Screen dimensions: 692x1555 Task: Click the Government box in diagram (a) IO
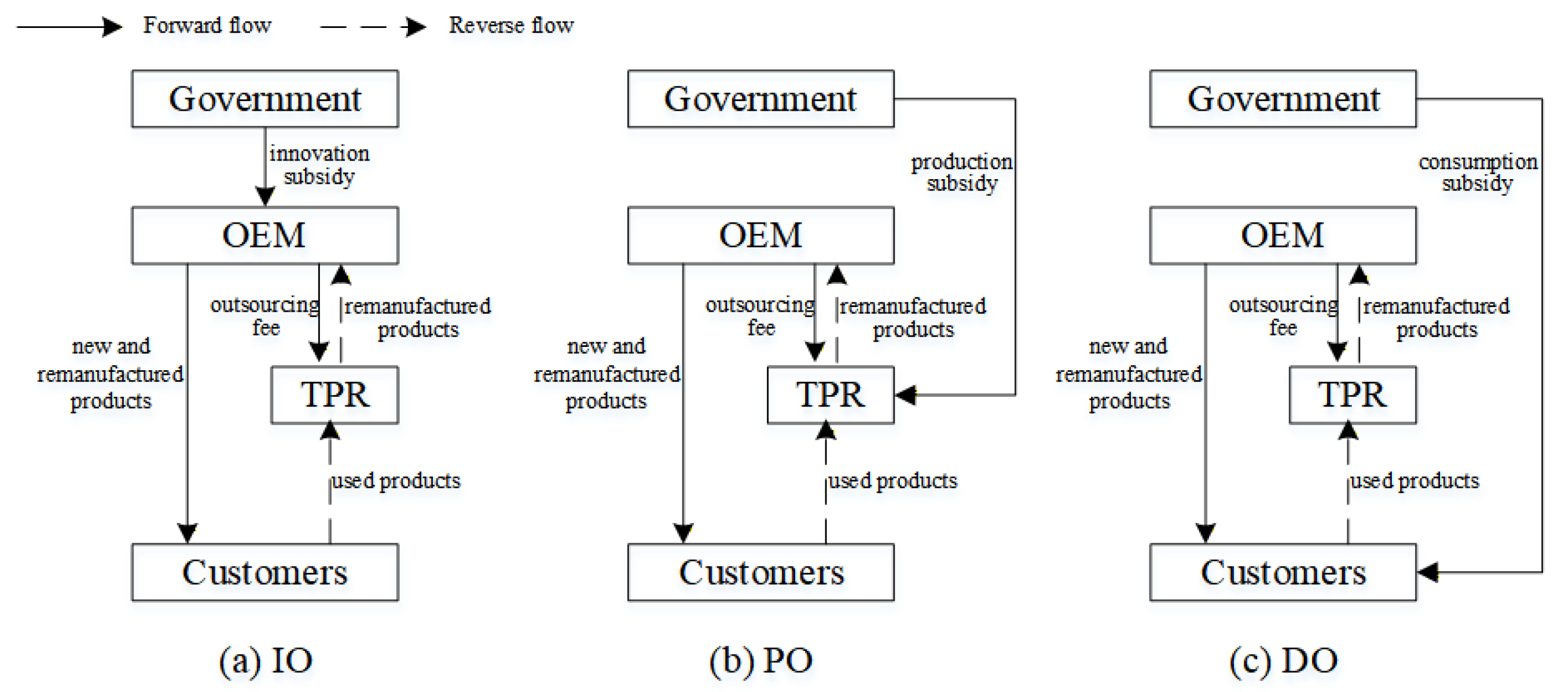(x=265, y=99)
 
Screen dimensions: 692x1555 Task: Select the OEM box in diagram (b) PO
(x=761, y=235)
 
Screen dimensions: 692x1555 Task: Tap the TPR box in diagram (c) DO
(x=1352, y=394)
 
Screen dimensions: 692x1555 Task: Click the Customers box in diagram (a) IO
(x=265, y=572)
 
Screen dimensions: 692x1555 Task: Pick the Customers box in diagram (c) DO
(x=1283, y=572)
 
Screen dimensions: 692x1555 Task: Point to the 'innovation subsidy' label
(x=319, y=165)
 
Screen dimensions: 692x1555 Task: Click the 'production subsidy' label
(x=962, y=173)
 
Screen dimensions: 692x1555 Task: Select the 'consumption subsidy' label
(x=1478, y=173)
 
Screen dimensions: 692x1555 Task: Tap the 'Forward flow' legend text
(x=207, y=26)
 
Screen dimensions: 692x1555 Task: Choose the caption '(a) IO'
(x=266, y=660)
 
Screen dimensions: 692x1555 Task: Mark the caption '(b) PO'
(x=761, y=660)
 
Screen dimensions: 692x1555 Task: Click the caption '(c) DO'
(x=1283, y=660)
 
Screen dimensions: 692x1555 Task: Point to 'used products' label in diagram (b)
(x=892, y=481)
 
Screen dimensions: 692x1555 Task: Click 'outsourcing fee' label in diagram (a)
(x=265, y=316)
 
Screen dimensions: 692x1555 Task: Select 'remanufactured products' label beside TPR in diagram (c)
(x=1436, y=318)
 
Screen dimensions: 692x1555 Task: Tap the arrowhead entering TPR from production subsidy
(x=906, y=395)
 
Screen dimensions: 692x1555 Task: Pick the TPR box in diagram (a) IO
(x=335, y=394)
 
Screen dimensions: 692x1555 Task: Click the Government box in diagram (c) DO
(x=1283, y=99)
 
